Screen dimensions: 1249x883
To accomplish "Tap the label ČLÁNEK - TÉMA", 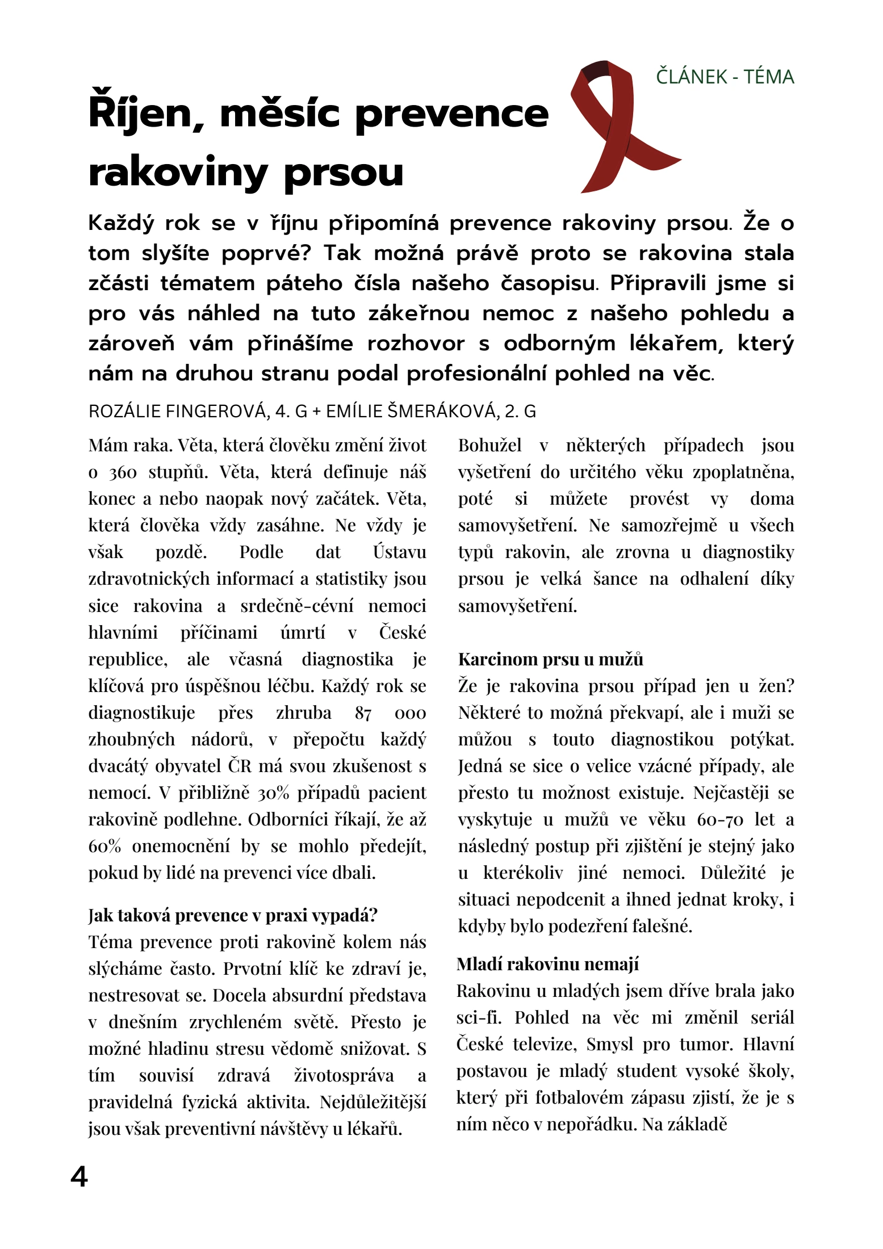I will [x=725, y=77].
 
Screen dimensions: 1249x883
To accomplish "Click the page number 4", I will [x=79, y=1177].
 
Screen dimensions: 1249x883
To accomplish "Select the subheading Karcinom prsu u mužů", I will [x=550, y=659].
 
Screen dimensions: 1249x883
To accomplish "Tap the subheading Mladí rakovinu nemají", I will [x=547, y=964].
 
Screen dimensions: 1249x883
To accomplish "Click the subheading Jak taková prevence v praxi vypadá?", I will [x=233, y=915].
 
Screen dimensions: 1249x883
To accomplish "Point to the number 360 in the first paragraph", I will [x=123, y=472].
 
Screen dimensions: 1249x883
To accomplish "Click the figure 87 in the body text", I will [x=363, y=713].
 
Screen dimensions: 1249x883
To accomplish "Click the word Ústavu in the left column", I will [x=399, y=552].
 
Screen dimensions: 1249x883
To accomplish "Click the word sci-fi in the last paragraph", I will [x=479, y=1017].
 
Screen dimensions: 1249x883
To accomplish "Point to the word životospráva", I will [x=344, y=1075].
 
